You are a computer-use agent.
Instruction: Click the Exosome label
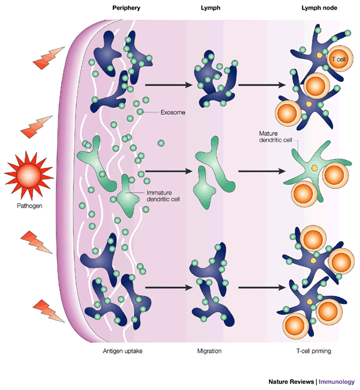click(173, 112)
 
